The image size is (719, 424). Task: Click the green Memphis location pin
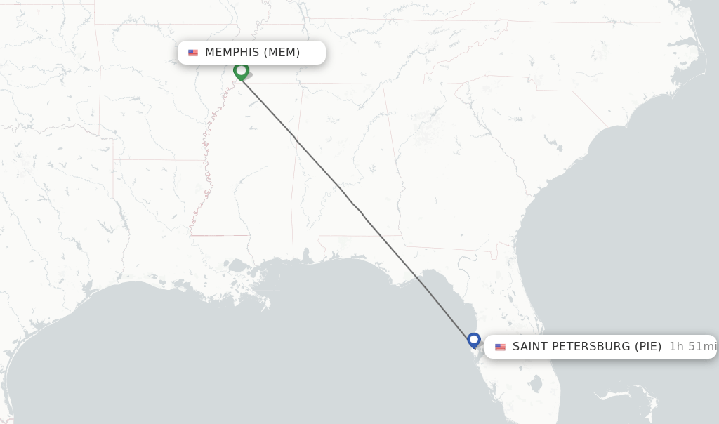[x=241, y=71]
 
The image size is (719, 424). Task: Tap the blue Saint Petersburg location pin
[x=474, y=340]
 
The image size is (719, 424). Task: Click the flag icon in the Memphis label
[x=193, y=53]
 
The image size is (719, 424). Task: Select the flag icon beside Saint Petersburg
[x=500, y=347]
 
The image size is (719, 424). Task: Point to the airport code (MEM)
[x=282, y=53]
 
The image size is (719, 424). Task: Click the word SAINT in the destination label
[x=532, y=347]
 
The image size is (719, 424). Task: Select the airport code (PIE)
[x=648, y=347]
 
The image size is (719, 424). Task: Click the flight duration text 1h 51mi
[x=692, y=347]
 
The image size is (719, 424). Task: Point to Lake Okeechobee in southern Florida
[x=535, y=384]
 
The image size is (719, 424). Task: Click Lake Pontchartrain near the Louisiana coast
[x=239, y=267]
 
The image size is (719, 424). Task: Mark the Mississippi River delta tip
[x=268, y=306]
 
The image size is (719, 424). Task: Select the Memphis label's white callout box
[x=251, y=53]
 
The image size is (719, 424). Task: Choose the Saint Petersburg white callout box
[x=600, y=347]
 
